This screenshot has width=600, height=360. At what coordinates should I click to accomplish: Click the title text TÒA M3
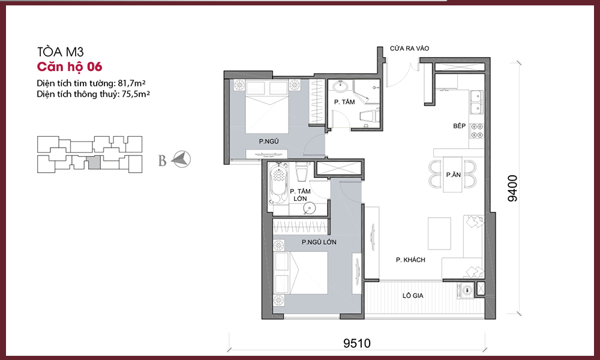[60, 52]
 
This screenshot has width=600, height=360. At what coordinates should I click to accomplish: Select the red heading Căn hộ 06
[69, 67]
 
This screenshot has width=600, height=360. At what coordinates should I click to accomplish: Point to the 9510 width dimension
[356, 343]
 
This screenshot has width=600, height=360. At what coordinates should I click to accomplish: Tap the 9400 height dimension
[512, 188]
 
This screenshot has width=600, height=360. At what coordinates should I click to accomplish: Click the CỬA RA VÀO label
[409, 48]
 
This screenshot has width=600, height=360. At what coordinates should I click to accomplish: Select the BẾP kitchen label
[459, 126]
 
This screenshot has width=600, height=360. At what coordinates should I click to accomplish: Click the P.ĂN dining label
[453, 175]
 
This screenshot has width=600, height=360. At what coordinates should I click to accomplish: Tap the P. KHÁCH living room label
[410, 260]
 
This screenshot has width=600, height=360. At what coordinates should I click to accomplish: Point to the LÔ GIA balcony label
[413, 295]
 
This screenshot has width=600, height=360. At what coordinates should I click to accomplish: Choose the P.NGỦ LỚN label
[319, 242]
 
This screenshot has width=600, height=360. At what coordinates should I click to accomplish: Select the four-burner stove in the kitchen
[477, 130]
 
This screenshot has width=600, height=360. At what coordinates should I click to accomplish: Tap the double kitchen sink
[477, 102]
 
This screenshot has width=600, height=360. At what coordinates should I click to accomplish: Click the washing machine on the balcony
[466, 290]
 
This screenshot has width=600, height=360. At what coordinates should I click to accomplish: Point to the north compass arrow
[181, 159]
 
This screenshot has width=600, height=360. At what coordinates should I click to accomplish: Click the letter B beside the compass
[162, 161]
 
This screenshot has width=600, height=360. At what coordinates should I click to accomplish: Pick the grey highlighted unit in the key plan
[94, 163]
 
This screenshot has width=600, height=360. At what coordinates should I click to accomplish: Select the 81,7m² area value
[131, 83]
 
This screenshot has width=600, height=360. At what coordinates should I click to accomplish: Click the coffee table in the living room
[439, 233]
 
